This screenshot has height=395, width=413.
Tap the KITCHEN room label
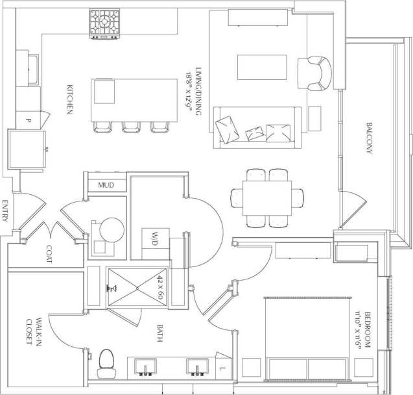tap(69, 99)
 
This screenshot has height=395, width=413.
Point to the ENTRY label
tap(5, 211)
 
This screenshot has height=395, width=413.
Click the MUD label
tap(106, 185)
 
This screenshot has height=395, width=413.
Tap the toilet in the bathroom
tap(106, 365)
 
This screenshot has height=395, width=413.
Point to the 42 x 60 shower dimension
tap(160, 287)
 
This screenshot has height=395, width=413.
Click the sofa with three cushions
tap(258, 127)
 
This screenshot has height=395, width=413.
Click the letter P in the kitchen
tap(29, 120)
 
